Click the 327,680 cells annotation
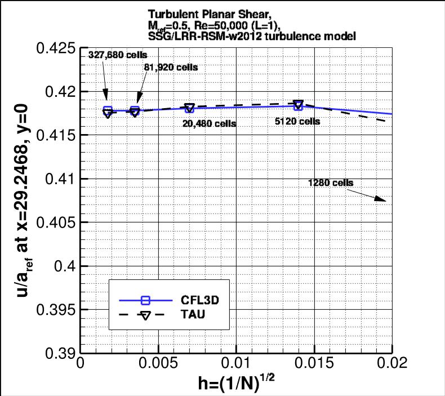coord(117,55)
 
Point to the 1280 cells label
coord(331,183)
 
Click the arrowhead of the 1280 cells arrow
coord(385,200)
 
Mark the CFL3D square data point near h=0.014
coord(298,106)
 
